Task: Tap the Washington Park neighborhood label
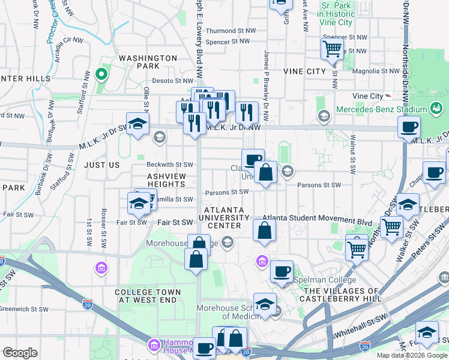(148, 62)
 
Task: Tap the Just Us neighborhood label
(101, 164)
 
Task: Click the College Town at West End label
(146, 295)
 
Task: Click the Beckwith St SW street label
(170, 164)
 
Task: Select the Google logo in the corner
(20, 353)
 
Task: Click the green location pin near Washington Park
(101, 75)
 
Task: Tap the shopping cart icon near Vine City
(331, 49)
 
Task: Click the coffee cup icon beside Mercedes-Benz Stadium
(409, 127)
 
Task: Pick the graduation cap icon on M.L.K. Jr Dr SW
(137, 124)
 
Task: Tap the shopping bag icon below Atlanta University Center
(264, 231)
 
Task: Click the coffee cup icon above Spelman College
(281, 271)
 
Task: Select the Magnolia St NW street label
(376, 71)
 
